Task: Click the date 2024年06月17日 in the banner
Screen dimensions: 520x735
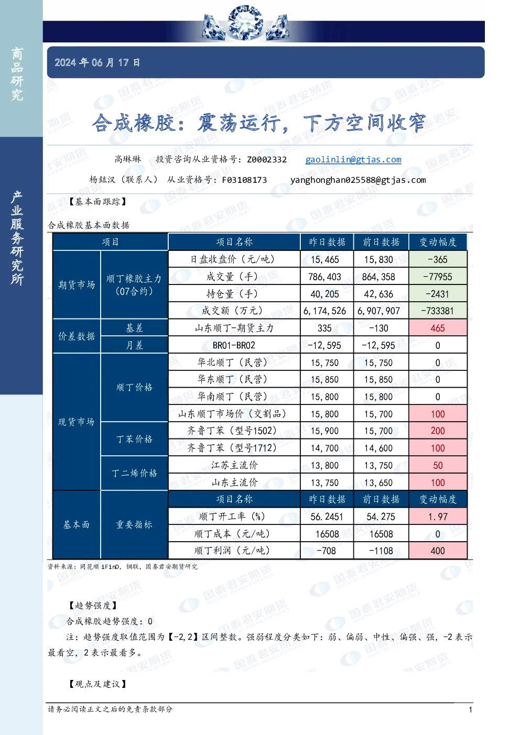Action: click(97, 62)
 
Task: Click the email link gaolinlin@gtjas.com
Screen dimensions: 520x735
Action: click(353, 159)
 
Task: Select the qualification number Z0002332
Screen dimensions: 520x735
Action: click(267, 159)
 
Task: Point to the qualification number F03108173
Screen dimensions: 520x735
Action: click(244, 180)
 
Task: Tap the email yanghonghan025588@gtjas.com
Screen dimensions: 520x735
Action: click(358, 180)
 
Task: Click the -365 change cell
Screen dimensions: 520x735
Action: click(438, 259)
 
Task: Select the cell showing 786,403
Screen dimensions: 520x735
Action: click(324, 277)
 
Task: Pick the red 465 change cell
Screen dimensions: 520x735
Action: click(438, 328)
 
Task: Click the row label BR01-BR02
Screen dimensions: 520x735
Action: click(234, 345)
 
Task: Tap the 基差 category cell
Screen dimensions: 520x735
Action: click(134, 328)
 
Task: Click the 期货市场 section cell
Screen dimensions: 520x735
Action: click(77, 284)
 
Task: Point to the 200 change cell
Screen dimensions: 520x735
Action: click(438, 431)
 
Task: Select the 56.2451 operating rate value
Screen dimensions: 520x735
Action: click(327, 517)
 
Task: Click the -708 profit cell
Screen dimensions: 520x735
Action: click(327, 551)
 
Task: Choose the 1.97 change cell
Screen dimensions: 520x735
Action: click(438, 517)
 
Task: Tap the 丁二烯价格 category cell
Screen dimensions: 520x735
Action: click(134, 473)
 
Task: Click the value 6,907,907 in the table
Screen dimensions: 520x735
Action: click(378, 311)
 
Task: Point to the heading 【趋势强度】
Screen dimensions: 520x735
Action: click(93, 606)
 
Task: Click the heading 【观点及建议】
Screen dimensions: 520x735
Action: click(98, 684)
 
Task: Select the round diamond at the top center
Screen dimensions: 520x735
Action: click(245, 23)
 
